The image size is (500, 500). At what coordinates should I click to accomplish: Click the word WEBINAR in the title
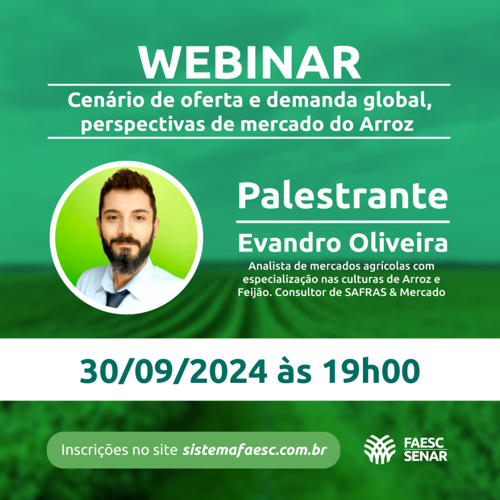pyautogui.click(x=249, y=63)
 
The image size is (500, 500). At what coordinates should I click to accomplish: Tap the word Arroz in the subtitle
pyautogui.click(x=386, y=124)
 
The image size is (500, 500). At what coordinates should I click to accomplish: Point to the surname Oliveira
pyautogui.click(x=398, y=243)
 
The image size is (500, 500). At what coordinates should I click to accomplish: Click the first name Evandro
pyautogui.click(x=290, y=243)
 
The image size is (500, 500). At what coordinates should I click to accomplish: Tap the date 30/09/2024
pyautogui.click(x=173, y=371)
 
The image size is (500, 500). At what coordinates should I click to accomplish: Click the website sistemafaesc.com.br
pyautogui.click(x=255, y=450)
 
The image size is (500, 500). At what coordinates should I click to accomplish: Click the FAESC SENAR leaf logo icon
pyautogui.click(x=380, y=449)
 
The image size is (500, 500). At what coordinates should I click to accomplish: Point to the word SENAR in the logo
pyautogui.click(x=426, y=456)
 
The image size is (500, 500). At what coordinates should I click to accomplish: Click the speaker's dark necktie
pyautogui.click(x=116, y=298)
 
